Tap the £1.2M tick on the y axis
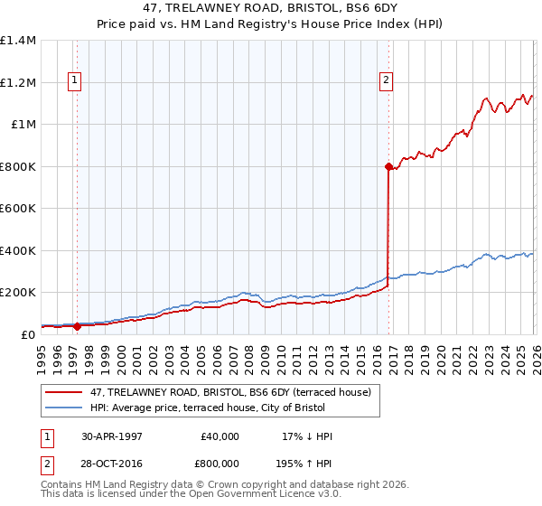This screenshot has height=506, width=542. [17, 82]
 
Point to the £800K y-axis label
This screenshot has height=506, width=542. [17, 166]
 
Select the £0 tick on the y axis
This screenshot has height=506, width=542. [28, 334]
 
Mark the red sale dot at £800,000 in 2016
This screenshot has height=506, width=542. [388, 166]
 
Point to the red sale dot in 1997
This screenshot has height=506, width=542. [77, 326]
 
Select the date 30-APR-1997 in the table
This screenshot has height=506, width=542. [112, 436]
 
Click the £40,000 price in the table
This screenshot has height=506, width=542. [219, 436]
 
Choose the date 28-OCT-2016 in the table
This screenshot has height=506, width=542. [112, 463]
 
